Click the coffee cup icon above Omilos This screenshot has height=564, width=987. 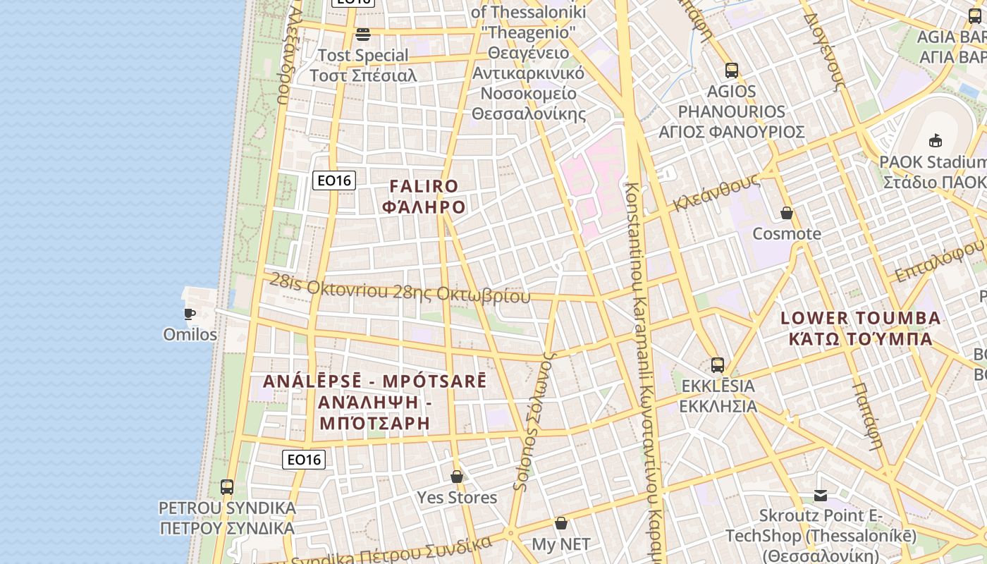coord(189,314)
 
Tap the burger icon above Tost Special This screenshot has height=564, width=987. coord(363,34)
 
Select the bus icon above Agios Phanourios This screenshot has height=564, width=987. coord(732,70)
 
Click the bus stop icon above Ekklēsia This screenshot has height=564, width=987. coord(718,365)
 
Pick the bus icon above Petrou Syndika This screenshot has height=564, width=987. coord(226,486)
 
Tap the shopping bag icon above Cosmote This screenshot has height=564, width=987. coord(787,213)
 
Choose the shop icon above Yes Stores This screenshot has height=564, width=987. coord(457,477)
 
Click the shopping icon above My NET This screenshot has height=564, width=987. coord(561,523)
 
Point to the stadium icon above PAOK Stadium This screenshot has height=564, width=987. coord(936,140)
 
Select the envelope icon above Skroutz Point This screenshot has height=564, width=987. coord(821,496)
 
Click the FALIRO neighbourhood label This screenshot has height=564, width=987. coord(424,187)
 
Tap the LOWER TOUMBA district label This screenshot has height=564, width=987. coord(860,318)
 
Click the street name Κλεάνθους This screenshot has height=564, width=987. coord(716,192)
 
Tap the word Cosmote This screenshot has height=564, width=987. coord(787,233)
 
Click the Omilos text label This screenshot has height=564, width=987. coord(190,334)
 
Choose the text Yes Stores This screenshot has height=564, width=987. coord(457,498)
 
